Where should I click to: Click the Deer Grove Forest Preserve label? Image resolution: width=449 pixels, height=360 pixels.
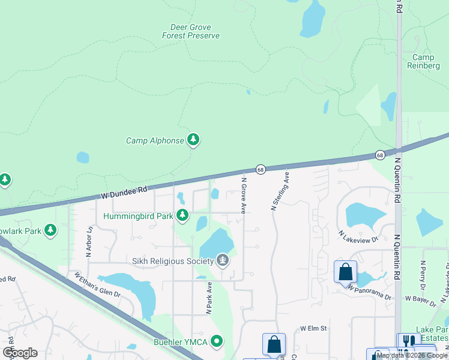point(191,31)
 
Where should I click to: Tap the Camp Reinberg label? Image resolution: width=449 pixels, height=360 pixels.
point(428,61)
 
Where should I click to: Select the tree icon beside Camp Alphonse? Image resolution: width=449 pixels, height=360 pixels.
point(193,140)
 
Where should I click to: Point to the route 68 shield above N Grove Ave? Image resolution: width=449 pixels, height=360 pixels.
point(261,170)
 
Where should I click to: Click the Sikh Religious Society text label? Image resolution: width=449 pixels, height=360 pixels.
point(173,261)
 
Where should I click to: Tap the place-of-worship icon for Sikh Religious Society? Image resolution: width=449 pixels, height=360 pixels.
point(223,260)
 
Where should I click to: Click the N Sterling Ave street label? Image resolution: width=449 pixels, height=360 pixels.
point(280,191)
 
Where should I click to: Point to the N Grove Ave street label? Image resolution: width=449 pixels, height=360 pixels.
point(244,195)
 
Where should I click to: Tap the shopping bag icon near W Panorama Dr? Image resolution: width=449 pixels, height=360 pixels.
point(345,272)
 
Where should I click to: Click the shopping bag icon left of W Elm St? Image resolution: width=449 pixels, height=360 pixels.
point(274,344)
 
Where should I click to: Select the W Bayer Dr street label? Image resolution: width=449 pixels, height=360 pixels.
point(423,298)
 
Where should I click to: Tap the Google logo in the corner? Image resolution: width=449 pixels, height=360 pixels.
point(20,353)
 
